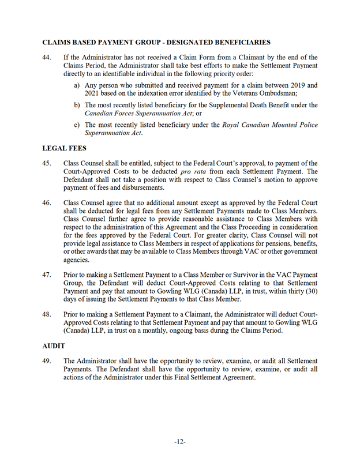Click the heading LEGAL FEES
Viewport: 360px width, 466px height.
click(x=65, y=148)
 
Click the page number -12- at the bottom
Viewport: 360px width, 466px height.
click(x=179, y=442)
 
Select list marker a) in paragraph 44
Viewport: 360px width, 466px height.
click(x=77, y=85)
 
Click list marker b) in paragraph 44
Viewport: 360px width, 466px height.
click(x=77, y=105)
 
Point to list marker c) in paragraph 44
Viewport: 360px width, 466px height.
click(x=77, y=125)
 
